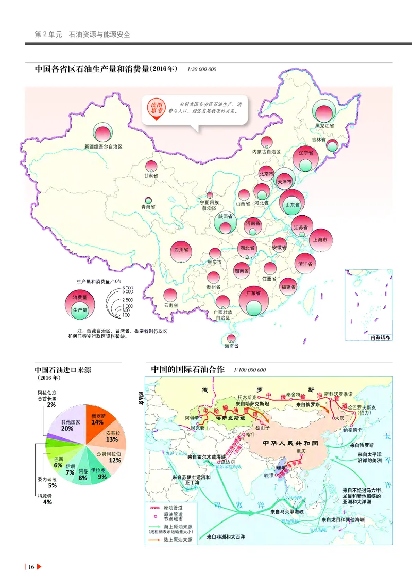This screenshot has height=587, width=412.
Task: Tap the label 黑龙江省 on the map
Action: tap(325, 125)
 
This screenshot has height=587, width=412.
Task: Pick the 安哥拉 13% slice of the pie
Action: tap(113, 436)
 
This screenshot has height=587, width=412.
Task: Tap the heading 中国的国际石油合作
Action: tap(188, 369)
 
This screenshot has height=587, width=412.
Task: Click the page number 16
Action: tap(31, 567)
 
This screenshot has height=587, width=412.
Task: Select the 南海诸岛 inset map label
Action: tap(381, 337)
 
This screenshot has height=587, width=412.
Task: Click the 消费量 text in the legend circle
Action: tap(79, 298)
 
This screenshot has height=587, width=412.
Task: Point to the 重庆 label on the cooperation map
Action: tap(301, 451)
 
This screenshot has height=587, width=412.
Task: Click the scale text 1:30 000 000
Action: tap(202, 69)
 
